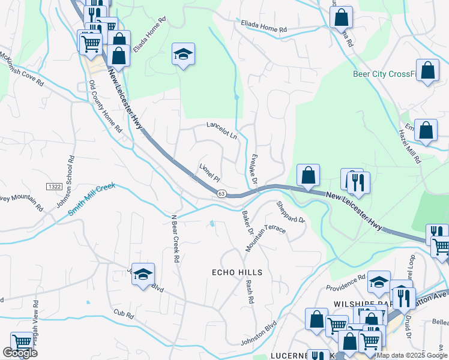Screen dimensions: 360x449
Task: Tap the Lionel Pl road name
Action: coord(210,172)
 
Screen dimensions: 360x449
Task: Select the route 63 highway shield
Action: coord(221,193)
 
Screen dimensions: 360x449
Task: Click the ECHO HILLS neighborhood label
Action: coord(237,272)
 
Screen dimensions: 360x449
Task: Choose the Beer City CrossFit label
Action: coord(384,74)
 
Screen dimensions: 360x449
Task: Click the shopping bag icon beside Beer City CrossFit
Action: coord(427,70)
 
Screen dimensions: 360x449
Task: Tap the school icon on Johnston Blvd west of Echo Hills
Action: coord(143,275)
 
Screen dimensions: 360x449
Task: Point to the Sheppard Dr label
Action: coord(291,212)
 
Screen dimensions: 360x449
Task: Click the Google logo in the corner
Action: coord(20,353)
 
